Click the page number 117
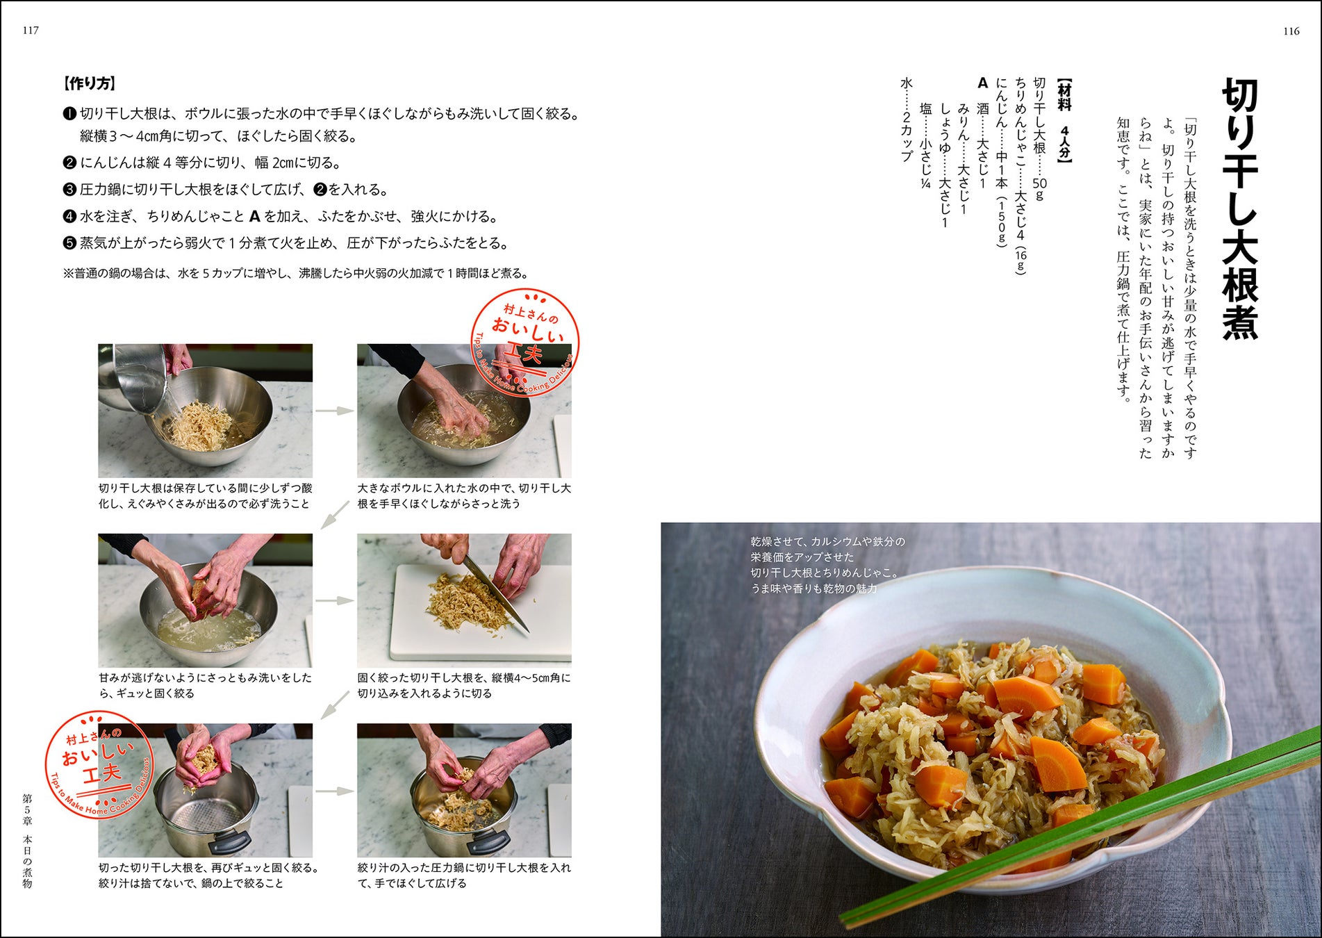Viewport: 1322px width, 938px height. click(x=31, y=31)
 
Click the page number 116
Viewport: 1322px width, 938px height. click(x=1291, y=31)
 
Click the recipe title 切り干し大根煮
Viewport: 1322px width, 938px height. click(x=1240, y=208)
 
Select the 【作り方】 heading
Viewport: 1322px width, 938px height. click(x=89, y=84)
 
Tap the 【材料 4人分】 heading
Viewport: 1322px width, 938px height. click(x=1064, y=121)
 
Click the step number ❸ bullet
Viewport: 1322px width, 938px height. click(x=69, y=190)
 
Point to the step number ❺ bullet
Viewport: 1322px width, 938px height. click(x=69, y=243)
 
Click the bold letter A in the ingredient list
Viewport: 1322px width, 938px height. click(x=982, y=83)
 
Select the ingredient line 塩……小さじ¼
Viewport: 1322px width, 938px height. click(x=925, y=146)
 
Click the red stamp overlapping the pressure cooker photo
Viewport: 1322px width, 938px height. click(x=99, y=764)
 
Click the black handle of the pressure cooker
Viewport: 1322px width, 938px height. click(x=229, y=842)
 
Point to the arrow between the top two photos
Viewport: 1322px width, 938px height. click(x=335, y=411)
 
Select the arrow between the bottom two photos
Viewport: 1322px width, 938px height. click(x=335, y=791)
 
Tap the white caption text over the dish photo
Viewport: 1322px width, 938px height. click(x=827, y=565)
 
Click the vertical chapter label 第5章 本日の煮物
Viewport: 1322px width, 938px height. click(x=28, y=841)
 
